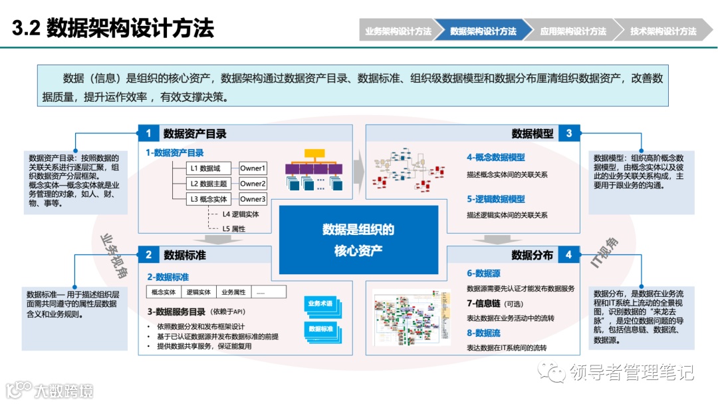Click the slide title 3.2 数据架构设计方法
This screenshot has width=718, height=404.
coord(113,29)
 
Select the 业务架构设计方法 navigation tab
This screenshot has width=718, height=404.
coord(398,31)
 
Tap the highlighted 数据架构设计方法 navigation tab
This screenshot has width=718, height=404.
coord(483,31)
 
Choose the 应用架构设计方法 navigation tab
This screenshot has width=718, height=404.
coord(573,31)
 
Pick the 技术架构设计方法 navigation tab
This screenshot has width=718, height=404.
coord(663,31)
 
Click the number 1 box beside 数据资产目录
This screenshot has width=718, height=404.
coord(148,133)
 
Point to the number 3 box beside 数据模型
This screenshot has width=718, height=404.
coord(569,133)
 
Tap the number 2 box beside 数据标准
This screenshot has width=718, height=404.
coord(148,254)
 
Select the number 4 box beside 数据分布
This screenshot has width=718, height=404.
coord(569,254)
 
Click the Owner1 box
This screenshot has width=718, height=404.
coord(253,168)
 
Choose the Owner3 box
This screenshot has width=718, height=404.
coord(253,199)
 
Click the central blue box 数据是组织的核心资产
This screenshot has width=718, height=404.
coord(358,240)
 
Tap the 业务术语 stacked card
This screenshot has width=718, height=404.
coord(321,304)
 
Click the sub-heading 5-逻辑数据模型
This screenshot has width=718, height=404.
coord(495,199)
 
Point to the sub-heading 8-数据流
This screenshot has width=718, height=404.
coord(483,333)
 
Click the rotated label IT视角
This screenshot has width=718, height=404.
coord(605,252)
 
